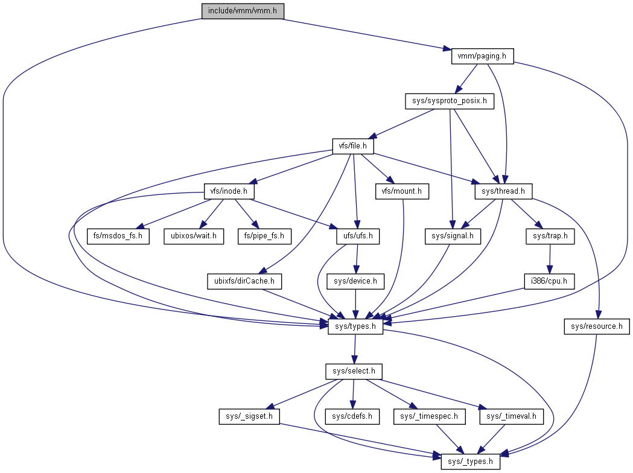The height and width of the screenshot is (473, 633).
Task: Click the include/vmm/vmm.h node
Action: [242, 11]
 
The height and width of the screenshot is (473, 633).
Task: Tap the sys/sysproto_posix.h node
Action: [449, 101]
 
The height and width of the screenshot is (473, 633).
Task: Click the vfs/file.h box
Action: [353, 147]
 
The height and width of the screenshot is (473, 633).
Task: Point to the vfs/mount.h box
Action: [401, 192]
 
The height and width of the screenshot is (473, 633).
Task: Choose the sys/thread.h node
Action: [504, 192]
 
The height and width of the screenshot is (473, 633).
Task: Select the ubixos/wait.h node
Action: [193, 236]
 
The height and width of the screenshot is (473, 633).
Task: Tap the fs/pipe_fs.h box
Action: [264, 236]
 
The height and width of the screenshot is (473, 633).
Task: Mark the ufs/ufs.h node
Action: [358, 236]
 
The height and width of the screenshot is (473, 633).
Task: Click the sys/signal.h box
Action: [453, 236]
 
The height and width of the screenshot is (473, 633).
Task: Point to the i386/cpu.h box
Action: [549, 281]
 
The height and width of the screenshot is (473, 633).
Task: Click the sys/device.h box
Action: [355, 281]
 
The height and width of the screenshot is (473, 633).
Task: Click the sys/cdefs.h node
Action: [352, 416]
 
